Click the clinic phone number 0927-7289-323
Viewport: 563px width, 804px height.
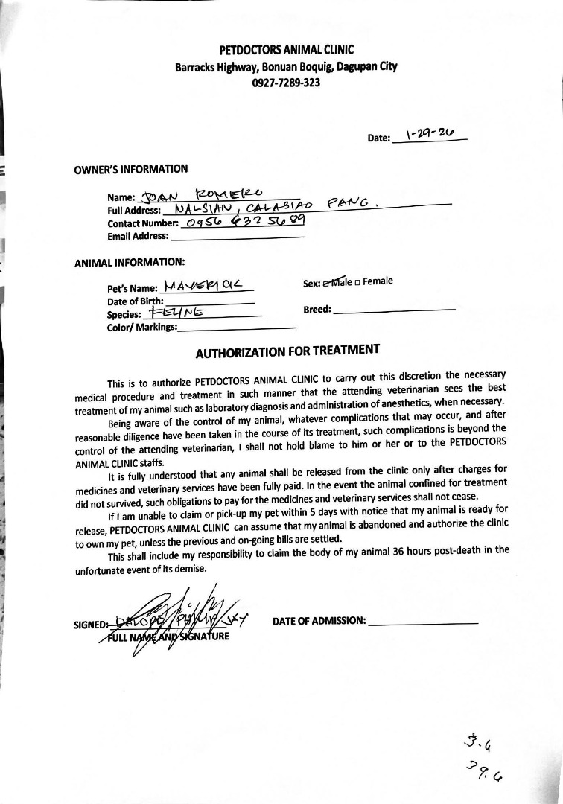coord(286,83)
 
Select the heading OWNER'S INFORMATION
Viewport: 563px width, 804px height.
coord(131,169)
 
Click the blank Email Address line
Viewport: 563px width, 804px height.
coord(237,237)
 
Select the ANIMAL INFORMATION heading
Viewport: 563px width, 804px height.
coord(129,262)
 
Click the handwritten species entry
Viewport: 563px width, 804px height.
coord(174,313)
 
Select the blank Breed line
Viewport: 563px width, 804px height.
coord(394,309)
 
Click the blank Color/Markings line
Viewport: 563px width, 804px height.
coord(238,328)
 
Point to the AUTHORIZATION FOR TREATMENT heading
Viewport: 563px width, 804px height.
coord(287,351)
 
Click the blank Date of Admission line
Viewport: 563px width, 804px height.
coord(423,622)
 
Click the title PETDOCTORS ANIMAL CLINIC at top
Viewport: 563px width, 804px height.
coord(286,50)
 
